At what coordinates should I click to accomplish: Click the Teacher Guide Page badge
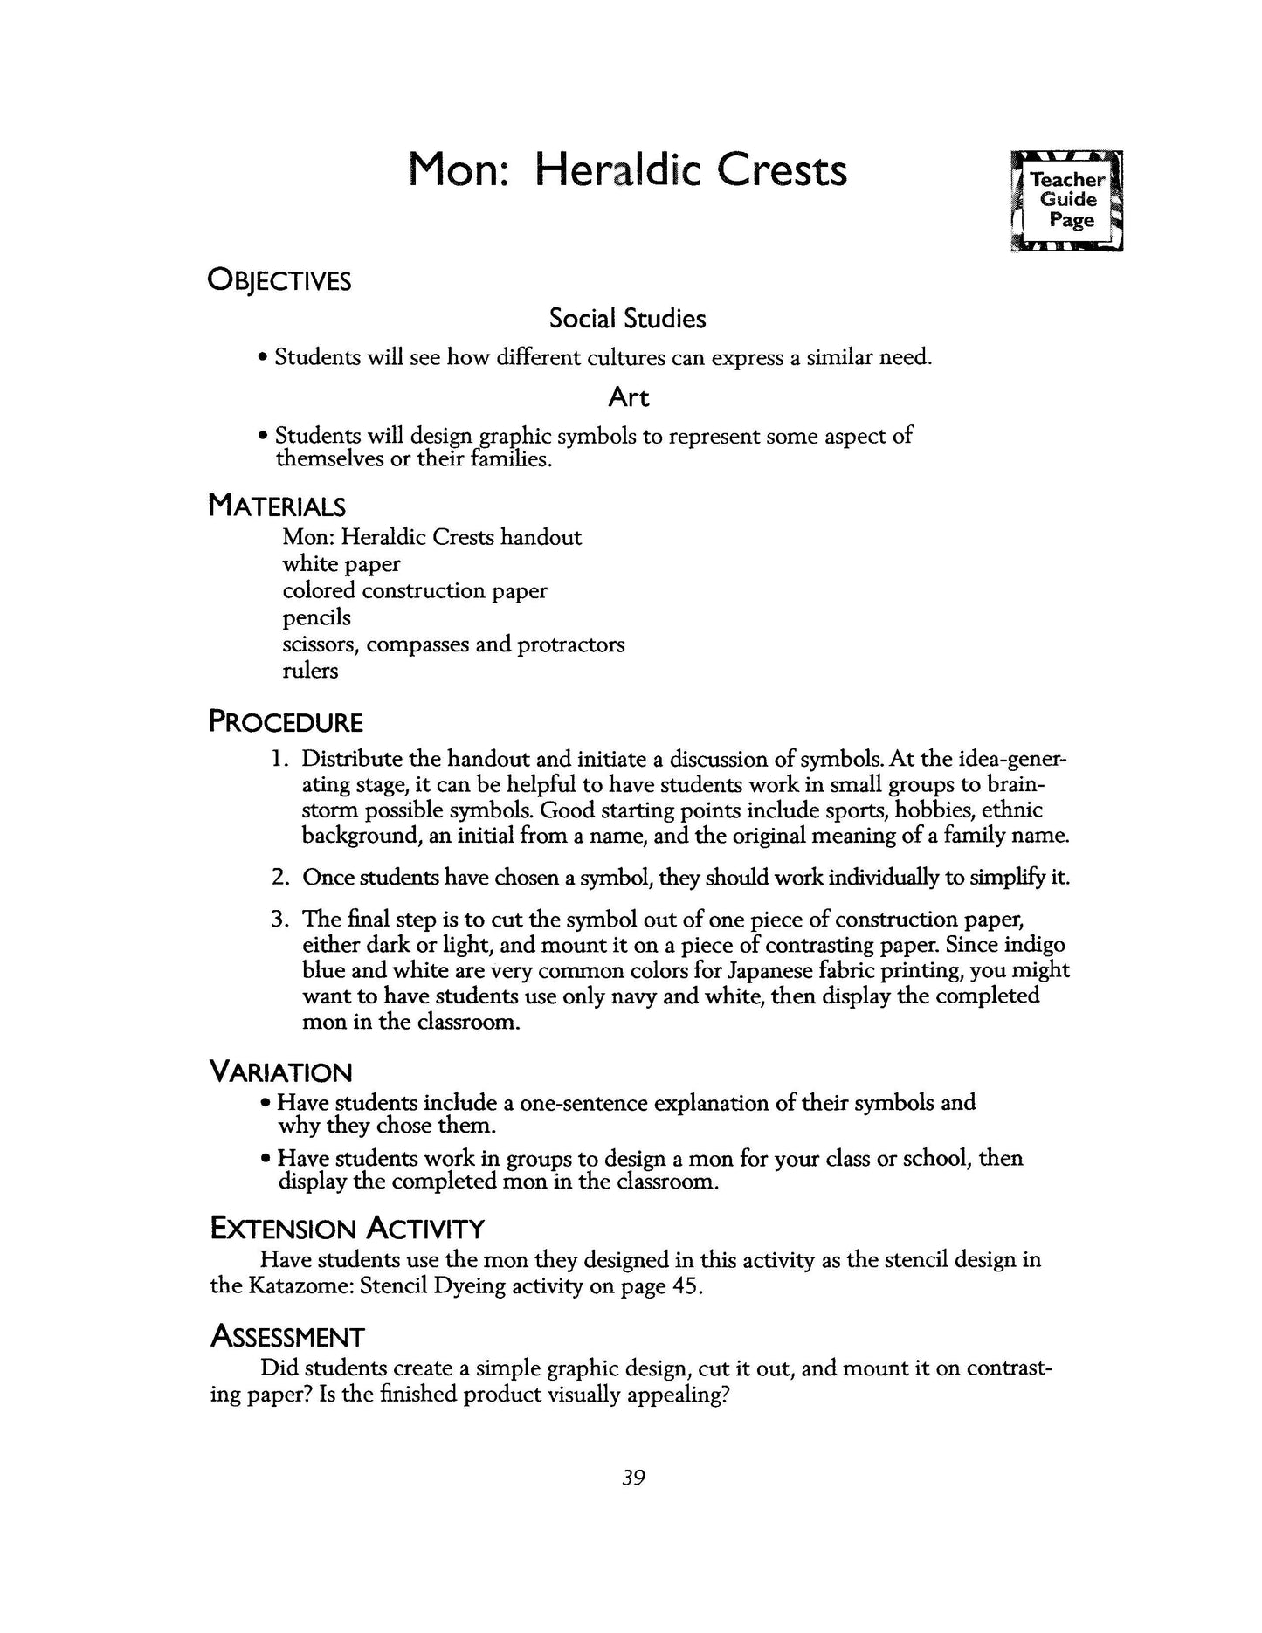coord(1066,201)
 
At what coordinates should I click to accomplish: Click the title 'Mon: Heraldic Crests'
coord(628,170)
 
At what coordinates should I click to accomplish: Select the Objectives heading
coord(279,281)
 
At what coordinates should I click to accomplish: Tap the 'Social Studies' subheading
coord(627,319)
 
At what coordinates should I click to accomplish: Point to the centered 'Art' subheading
coord(628,397)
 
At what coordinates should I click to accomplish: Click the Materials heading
coord(277,506)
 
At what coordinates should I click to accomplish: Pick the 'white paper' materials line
coord(341,564)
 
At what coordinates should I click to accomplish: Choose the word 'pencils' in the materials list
coord(316,617)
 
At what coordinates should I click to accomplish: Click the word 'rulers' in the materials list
coord(310,671)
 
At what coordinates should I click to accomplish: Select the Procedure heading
coord(286,722)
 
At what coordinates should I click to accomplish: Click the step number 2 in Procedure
coord(279,878)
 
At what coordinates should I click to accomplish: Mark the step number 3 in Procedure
coord(279,919)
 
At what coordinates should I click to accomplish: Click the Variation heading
coord(280,1071)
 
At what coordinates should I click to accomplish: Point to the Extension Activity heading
coord(347,1229)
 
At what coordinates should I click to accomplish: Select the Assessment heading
coord(287,1336)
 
